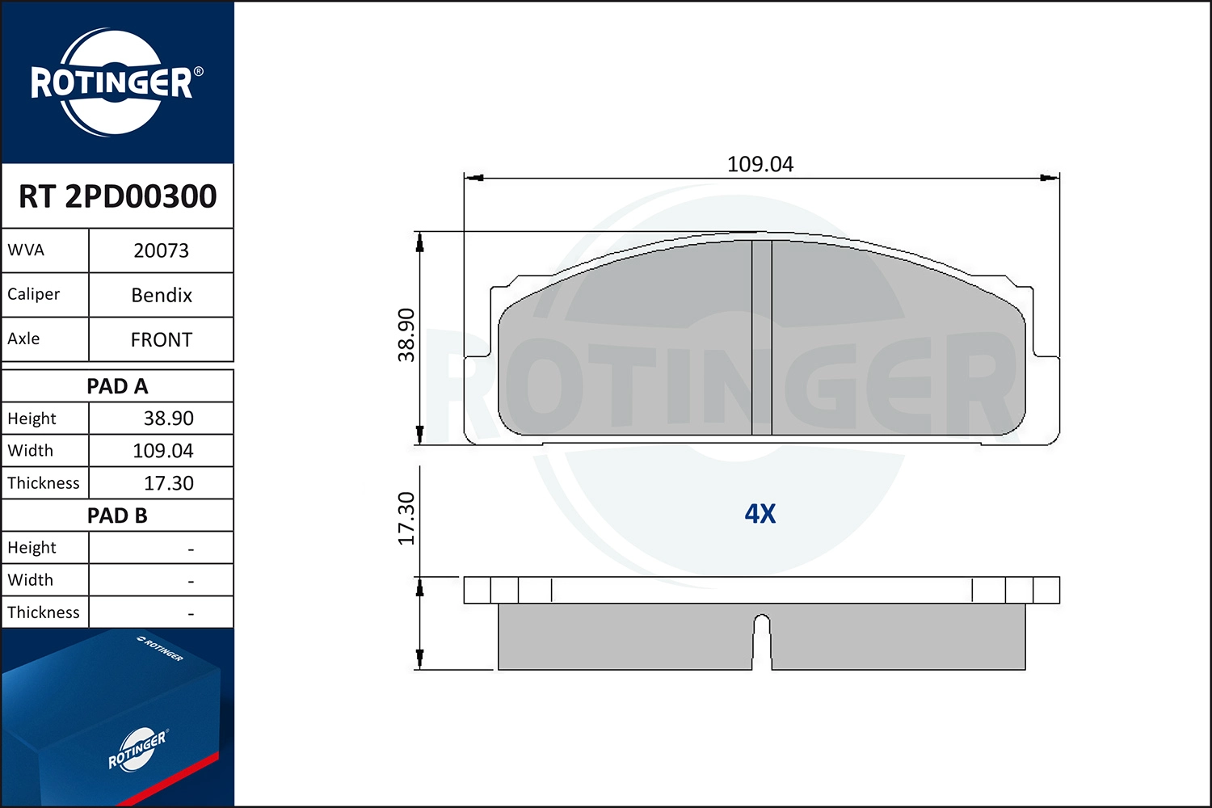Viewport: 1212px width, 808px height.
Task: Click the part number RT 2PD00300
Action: pyautogui.click(x=117, y=196)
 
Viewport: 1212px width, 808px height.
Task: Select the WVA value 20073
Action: pyautogui.click(x=161, y=250)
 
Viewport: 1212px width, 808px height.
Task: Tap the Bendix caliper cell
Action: pyautogui.click(x=162, y=295)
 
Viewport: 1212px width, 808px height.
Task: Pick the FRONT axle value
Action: pyautogui.click(x=162, y=339)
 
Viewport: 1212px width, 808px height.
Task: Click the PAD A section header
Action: pyautogui.click(x=117, y=386)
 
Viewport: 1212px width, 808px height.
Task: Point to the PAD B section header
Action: pyautogui.click(x=117, y=516)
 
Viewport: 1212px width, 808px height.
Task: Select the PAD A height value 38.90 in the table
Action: pyautogui.click(x=168, y=419)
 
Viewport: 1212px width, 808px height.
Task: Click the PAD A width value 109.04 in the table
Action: pyautogui.click(x=163, y=451)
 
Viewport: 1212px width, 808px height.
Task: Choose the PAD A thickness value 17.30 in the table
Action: pyautogui.click(x=168, y=483)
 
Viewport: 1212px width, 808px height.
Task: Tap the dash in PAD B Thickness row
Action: pyautogui.click(x=191, y=614)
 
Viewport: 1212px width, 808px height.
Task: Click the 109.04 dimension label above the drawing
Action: pyautogui.click(x=760, y=164)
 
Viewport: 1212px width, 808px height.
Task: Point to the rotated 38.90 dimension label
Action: pyautogui.click(x=406, y=335)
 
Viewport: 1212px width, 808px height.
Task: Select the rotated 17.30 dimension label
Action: pyautogui.click(x=406, y=519)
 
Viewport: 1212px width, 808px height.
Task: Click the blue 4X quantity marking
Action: pyautogui.click(x=760, y=514)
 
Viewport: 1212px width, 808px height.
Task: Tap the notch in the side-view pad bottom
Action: pyautogui.click(x=762, y=638)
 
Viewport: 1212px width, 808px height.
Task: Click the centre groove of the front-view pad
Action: pyautogui.click(x=762, y=338)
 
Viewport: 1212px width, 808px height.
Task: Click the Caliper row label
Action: pyautogui.click(x=34, y=294)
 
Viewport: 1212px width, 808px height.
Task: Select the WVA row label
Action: pyautogui.click(x=26, y=250)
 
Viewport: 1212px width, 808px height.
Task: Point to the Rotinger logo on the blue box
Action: pyautogui.click(x=137, y=750)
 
